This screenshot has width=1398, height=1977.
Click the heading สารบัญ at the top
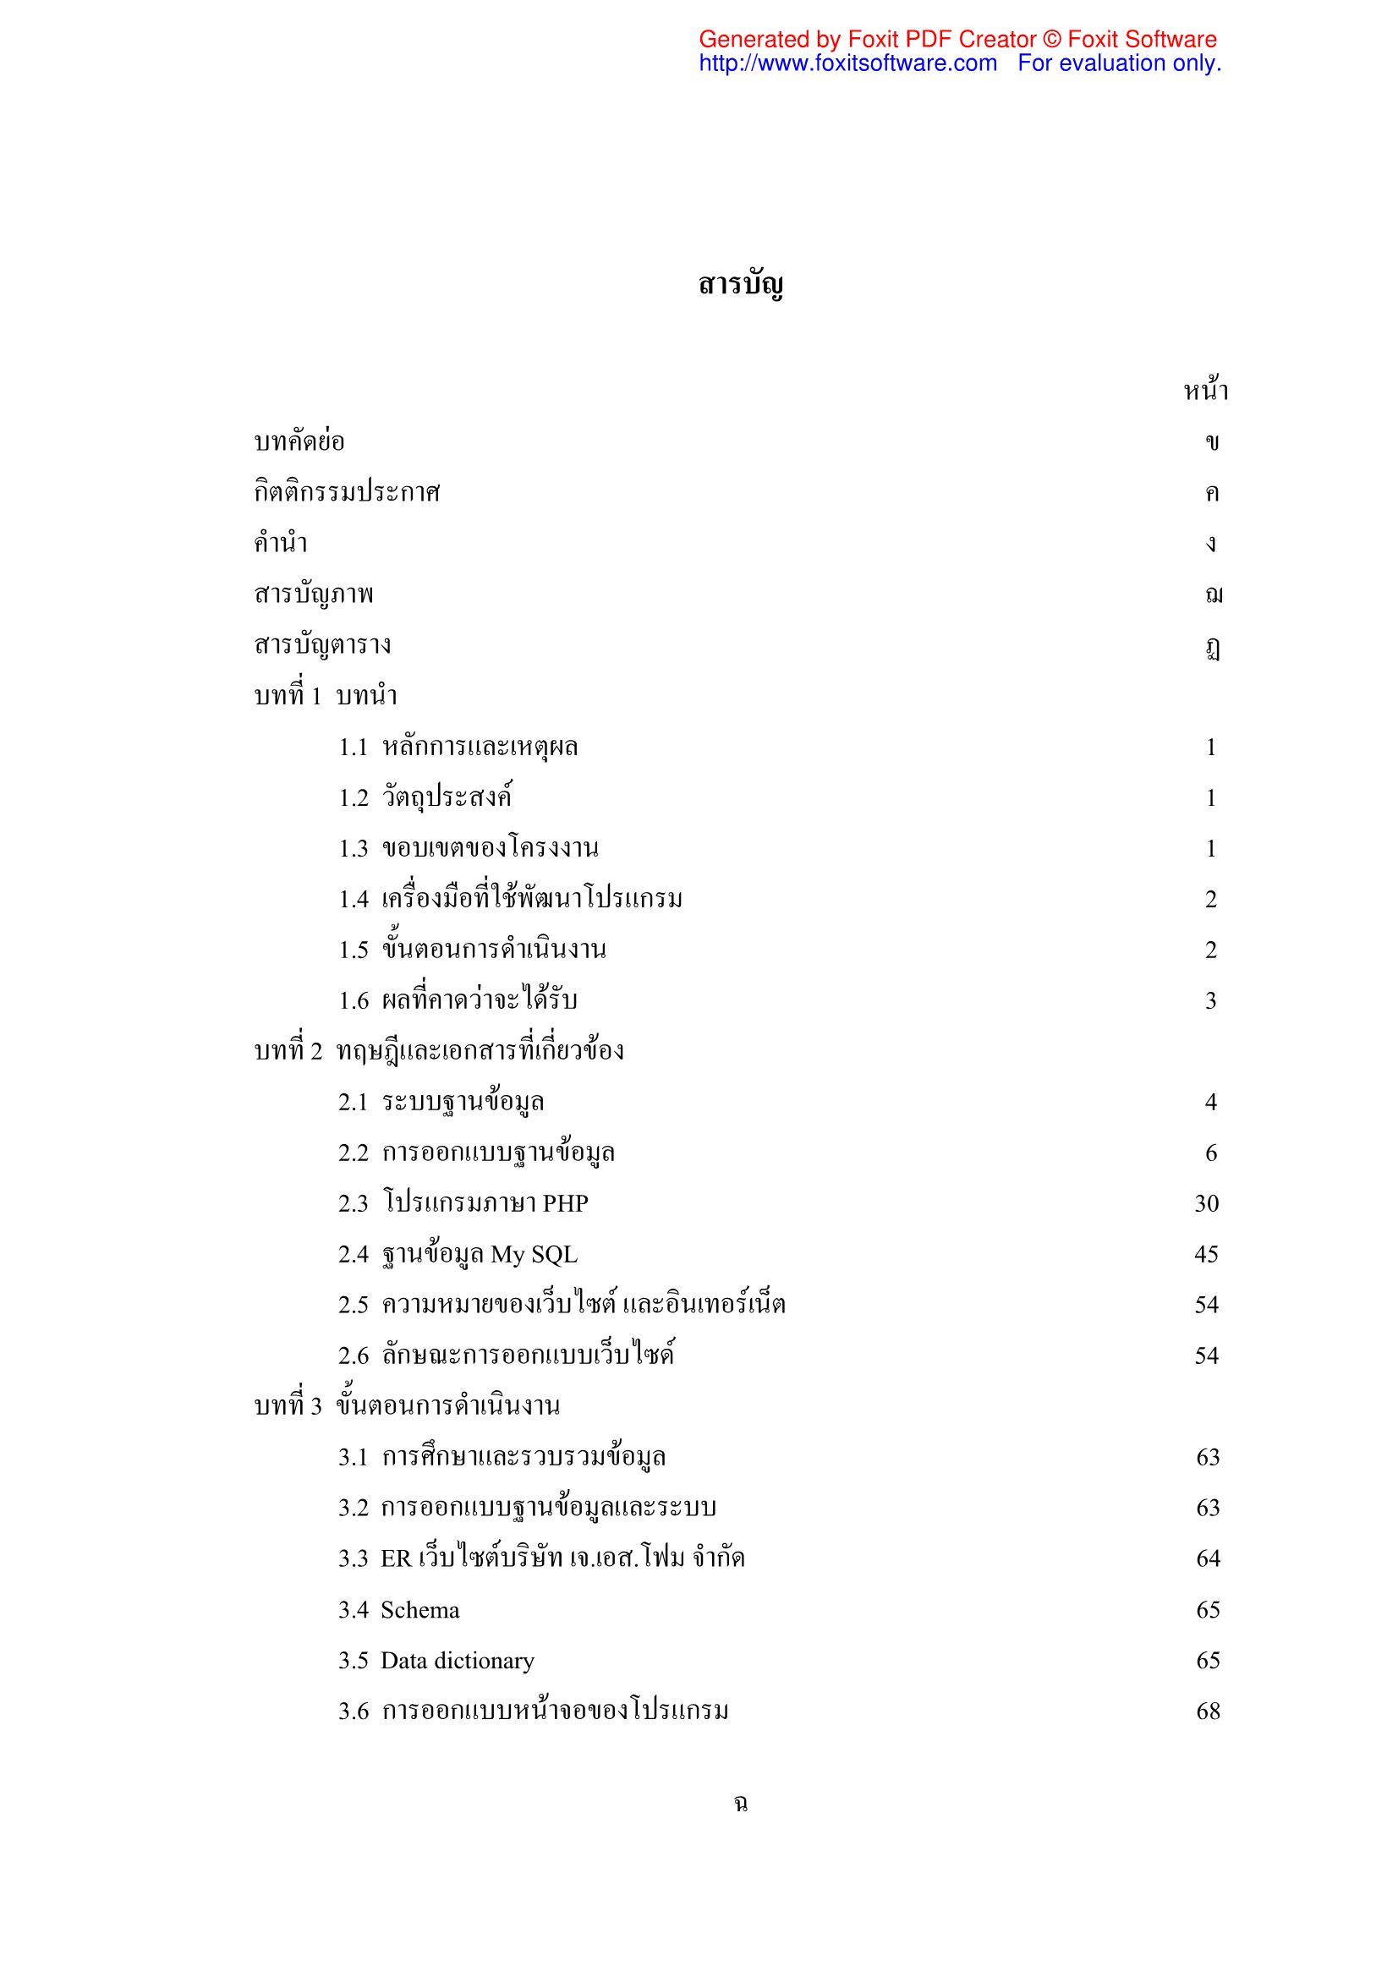point(740,285)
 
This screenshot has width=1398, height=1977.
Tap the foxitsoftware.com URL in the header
point(847,63)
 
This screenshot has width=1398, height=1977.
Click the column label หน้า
point(1205,392)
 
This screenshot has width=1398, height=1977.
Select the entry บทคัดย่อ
point(299,442)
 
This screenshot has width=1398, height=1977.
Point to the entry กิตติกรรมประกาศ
point(347,493)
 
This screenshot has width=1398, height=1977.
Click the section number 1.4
point(354,900)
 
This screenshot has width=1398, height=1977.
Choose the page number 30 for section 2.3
point(1206,1204)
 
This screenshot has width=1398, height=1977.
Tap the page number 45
point(1206,1255)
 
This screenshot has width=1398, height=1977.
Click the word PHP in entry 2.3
point(565,1204)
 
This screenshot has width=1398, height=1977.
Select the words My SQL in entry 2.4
point(534,1255)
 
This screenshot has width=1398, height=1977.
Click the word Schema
point(419,1610)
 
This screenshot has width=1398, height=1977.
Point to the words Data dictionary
point(458,1661)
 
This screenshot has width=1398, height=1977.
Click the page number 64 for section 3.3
point(1208,1559)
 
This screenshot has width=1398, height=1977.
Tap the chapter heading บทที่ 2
point(288,1051)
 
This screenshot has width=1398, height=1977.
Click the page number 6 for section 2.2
point(1210,1153)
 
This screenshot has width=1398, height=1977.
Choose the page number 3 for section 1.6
point(1210,1000)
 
